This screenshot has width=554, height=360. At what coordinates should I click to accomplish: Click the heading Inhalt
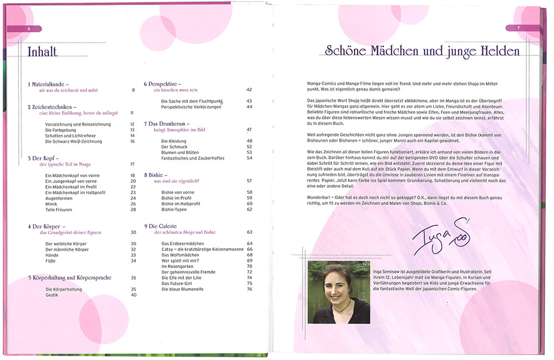tap(43, 52)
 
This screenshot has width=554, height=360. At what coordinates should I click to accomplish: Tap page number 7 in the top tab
tap(519, 28)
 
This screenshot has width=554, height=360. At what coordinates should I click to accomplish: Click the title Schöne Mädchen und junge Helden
tap(422, 52)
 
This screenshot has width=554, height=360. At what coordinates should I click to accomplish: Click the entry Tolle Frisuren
tap(59, 210)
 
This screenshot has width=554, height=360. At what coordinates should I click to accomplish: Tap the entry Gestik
tap(52, 295)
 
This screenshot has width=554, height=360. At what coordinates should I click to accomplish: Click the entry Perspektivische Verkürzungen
tap(191, 107)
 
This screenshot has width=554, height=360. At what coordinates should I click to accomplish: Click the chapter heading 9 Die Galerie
tap(166, 226)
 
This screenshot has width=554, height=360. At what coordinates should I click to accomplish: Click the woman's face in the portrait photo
tap(338, 287)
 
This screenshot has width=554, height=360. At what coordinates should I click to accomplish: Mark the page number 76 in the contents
tap(249, 289)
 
